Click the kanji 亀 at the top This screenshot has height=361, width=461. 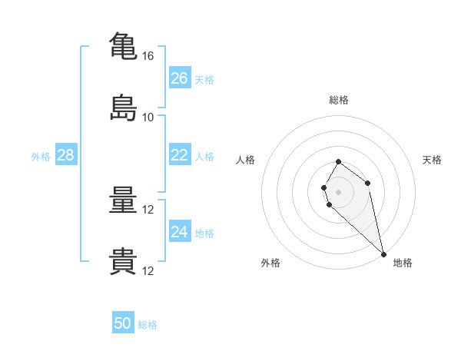tap(123, 46)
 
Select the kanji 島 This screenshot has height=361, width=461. tap(123, 108)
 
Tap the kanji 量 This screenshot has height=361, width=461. tap(123, 200)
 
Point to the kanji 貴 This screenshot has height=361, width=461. tap(123, 261)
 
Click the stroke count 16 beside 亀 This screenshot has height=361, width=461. tap(148, 56)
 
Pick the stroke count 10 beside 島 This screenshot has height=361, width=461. tap(148, 118)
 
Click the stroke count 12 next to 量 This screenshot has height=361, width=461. tap(148, 210)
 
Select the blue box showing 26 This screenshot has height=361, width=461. tap(180, 78)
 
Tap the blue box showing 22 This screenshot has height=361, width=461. tap(180, 154)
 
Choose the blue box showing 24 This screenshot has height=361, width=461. tap(180, 230)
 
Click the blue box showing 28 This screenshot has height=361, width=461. tap(66, 154)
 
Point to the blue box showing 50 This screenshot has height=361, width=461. tap(123, 322)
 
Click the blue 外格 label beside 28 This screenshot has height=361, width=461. tap(41, 157)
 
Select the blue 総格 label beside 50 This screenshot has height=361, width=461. tap(148, 325)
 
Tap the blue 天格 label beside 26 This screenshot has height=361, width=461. tap(204, 80)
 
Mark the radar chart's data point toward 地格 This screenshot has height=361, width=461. tap(383, 254)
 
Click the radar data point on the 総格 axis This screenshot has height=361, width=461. tap(338, 162)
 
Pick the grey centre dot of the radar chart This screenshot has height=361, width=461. tap(338, 192)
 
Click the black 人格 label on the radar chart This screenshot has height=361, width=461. tap(245, 160)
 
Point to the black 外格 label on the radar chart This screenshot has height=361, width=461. tap(270, 263)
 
